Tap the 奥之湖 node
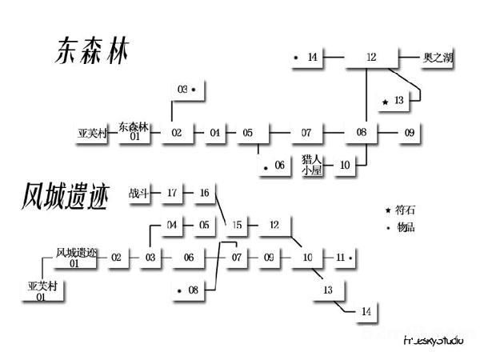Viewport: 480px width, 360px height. coord(438,58)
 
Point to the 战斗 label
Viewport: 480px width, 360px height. coord(139,193)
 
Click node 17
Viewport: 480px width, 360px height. coord(172,193)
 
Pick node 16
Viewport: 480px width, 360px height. coord(204,193)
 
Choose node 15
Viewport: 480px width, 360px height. coord(237,225)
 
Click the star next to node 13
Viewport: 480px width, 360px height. coord(386,102)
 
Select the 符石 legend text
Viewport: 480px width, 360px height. coord(406,210)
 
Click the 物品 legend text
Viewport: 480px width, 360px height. coord(406,227)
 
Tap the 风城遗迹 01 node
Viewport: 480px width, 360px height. coord(74,258)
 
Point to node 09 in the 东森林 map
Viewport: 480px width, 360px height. coord(409,132)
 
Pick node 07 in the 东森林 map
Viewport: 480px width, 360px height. coord(306,132)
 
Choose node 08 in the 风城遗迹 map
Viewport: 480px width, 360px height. coord(193,290)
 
